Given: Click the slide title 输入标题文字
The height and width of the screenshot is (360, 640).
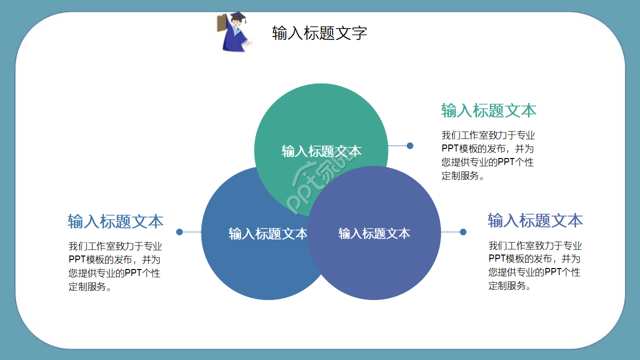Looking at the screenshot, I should [x=319, y=33].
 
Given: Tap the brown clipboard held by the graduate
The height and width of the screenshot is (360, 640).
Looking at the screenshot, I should [x=221, y=23].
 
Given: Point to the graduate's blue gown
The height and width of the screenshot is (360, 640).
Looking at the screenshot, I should [x=232, y=39].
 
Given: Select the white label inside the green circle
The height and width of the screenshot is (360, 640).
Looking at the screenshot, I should [x=321, y=151].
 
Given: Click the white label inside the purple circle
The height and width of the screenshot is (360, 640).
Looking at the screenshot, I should [x=374, y=233].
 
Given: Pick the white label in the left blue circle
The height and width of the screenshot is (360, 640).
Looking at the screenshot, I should [x=267, y=233].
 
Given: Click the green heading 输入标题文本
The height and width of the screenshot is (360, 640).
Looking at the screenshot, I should [x=488, y=110].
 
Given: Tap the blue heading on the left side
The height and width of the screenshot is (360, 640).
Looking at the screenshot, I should [x=115, y=221].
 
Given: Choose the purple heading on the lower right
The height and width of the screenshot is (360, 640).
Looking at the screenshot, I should [x=535, y=220].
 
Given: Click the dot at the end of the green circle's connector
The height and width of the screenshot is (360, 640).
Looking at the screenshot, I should [x=410, y=146].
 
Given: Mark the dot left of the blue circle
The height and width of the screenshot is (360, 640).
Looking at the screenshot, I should [x=179, y=232].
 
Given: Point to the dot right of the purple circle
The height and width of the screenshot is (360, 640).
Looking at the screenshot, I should [x=463, y=232].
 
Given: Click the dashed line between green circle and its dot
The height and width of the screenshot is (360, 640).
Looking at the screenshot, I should [x=398, y=146].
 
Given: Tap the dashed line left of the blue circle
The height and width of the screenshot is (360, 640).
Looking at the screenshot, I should [x=191, y=232].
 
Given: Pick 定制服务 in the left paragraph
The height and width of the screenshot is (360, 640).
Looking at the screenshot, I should [x=87, y=287].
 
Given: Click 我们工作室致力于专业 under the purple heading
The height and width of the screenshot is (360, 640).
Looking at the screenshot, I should [x=535, y=245].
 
